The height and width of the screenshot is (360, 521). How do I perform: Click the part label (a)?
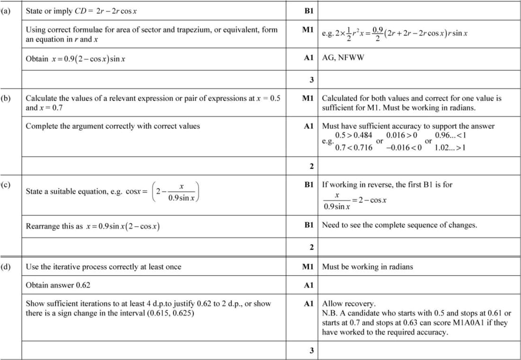click(6, 10)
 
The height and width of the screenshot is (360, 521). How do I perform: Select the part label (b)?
click(6, 99)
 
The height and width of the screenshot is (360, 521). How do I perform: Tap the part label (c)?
click(6, 184)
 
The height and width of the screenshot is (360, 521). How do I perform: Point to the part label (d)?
click(6, 267)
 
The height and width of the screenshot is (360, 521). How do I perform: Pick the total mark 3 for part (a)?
click(312, 79)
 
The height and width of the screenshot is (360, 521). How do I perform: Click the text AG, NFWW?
click(343, 58)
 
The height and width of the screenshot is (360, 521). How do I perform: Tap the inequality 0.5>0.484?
click(353, 135)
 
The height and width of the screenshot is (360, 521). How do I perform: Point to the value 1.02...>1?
click(449, 147)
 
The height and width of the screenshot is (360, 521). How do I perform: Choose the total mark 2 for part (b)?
click(312, 166)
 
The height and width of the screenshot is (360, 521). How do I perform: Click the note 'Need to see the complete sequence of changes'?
click(399, 225)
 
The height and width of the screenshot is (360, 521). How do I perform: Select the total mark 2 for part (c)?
click(312, 247)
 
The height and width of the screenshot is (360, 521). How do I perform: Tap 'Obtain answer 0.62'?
click(58, 285)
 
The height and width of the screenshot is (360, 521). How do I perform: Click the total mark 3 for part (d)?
click(312, 351)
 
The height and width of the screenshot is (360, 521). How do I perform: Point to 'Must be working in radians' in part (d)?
click(368, 267)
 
